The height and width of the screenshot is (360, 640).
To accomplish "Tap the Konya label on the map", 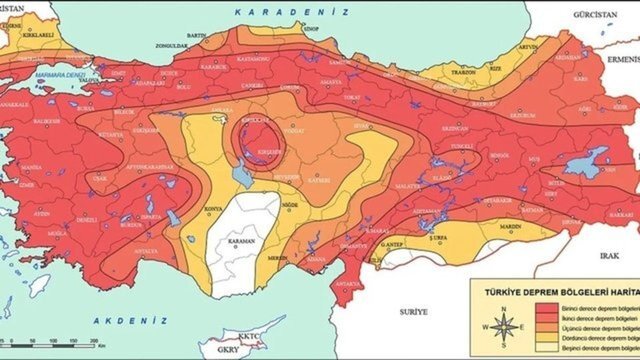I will click(213, 210).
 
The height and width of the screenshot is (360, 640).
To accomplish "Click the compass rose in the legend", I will click(506, 326).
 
